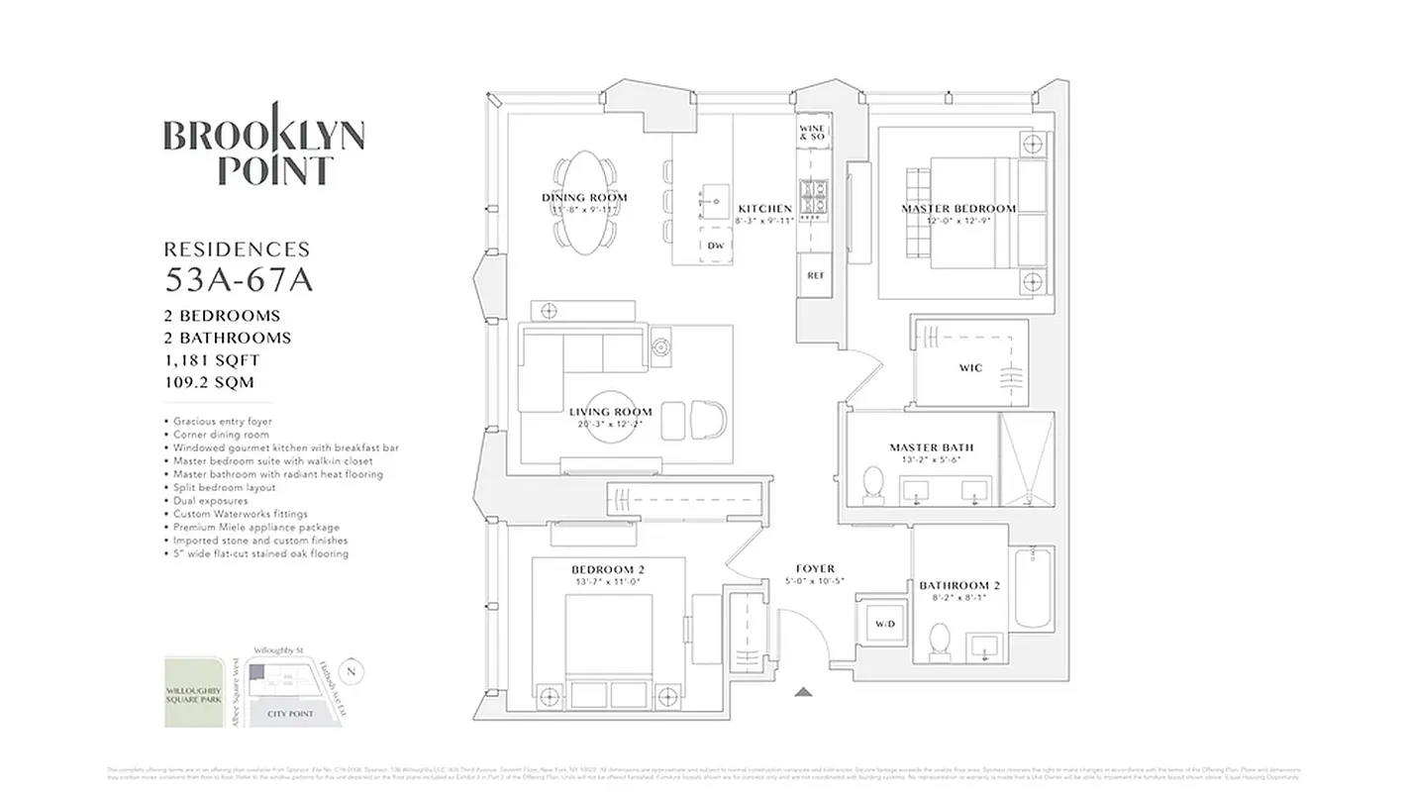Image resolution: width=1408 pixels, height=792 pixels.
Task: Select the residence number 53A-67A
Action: (x=238, y=281)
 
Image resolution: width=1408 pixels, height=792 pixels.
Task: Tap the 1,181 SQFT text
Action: (x=212, y=360)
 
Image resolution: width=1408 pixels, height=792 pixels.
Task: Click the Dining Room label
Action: (x=584, y=198)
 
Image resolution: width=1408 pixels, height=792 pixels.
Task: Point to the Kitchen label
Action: (x=764, y=209)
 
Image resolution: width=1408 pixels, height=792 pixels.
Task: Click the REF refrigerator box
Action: (x=816, y=276)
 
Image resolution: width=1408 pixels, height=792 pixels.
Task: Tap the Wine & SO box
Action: (x=812, y=133)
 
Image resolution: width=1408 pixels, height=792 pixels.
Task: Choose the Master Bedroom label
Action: (x=957, y=209)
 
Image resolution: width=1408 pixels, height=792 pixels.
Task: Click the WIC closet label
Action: (x=970, y=368)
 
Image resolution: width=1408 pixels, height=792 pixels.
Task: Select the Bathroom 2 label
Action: (x=959, y=586)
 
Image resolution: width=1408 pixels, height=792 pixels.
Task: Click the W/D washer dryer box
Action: (x=883, y=625)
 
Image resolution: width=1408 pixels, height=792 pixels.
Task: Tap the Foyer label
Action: (x=814, y=569)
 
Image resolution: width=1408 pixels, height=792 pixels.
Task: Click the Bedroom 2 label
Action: (x=607, y=569)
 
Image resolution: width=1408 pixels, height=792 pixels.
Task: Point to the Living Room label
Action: (x=610, y=412)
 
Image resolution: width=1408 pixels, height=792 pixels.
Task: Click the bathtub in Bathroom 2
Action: (x=1036, y=590)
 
